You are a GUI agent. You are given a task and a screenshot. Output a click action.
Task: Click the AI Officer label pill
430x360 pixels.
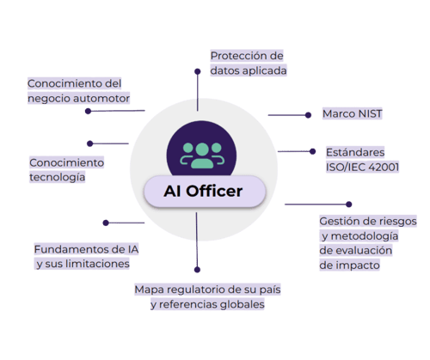coord(205,191)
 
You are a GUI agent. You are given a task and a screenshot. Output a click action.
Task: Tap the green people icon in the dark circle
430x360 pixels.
coord(202,156)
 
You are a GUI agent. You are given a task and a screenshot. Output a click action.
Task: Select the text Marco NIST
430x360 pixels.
coord(353,113)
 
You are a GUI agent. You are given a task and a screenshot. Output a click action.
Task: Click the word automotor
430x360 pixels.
coord(101,98)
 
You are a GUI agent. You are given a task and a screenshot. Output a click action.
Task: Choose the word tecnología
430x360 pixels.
coord(58,177)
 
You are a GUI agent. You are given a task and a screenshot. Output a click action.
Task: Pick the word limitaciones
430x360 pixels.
coord(97,264)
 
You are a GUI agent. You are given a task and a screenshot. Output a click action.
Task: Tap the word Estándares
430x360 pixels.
coord(355,152)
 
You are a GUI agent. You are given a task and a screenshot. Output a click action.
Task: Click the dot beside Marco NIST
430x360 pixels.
coord(308,115)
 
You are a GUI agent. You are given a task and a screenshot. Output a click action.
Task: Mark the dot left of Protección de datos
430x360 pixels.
coord(198,71)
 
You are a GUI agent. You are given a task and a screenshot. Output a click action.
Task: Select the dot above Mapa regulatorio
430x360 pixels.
coord(197,270)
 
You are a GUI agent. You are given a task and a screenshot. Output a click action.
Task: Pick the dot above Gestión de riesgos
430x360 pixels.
coord(349,204)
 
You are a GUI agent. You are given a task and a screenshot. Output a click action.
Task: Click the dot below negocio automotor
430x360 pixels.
coord(89,111)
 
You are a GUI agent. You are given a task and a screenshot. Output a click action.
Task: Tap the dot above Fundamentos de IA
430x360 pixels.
coord(106,223)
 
